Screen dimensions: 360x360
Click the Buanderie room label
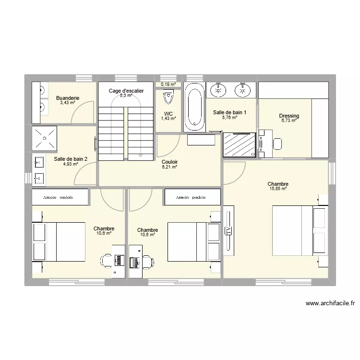tap(67, 98)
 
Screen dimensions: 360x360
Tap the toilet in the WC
tap(168, 98)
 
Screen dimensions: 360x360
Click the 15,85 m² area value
tap(277, 189)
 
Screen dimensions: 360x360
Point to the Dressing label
tap(289, 116)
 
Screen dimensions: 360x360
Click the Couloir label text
tap(169, 162)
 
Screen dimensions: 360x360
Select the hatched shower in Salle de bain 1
tap(239, 144)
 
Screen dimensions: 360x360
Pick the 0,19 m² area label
tap(168, 84)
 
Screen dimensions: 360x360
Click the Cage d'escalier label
tap(126, 91)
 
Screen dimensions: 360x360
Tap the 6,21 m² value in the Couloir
tap(169, 167)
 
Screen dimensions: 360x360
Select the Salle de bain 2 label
tap(71, 159)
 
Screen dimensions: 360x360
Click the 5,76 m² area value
tap(229, 118)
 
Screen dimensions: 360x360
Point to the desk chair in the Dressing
tap(277, 143)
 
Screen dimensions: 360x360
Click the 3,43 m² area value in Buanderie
tap(67, 103)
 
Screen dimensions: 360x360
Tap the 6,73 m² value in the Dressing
tap(289, 120)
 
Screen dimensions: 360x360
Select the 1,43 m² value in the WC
tap(168, 119)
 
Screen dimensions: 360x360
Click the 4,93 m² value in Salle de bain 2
tap(70, 164)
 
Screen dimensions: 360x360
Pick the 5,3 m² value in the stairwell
tap(126, 96)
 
